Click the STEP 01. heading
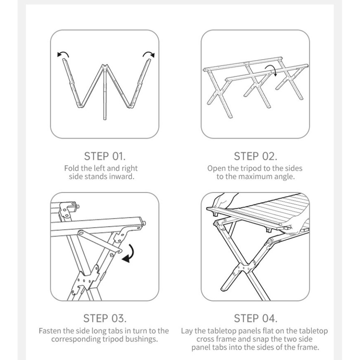click(x=105, y=156)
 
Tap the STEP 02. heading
click(x=255, y=156)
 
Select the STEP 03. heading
click(x=105, y=318)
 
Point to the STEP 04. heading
click(x=255, y=318)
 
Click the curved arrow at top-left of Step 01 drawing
click(x=63, y=53)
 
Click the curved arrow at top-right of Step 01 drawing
click(x=148, y=53)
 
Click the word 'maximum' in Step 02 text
click(x=256, y=177)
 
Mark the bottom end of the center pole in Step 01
click(x=105, y=119)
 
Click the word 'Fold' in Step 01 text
click(x=70, y=168)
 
